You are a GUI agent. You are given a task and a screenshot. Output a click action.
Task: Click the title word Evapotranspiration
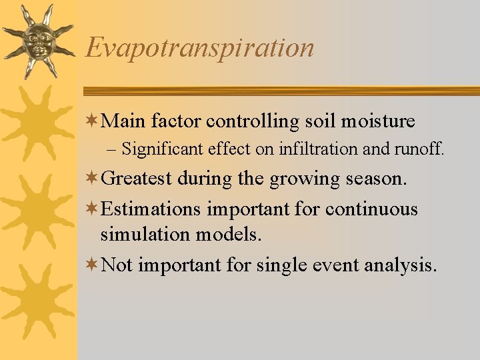pos(200,48)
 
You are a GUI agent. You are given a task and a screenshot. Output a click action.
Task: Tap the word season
pos(374,179)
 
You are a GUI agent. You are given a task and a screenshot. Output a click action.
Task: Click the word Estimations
pos(151,209)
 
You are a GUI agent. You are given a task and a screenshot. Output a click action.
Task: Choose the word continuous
pos(371,209)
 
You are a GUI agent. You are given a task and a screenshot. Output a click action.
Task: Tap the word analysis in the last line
pos(401,265)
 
